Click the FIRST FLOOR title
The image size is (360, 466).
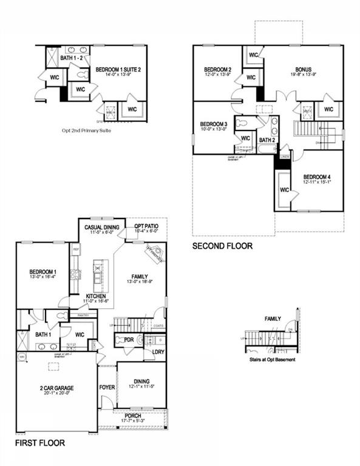click(41, 444)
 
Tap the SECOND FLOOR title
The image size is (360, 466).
click(222, 246)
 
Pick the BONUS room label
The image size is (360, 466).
click(304, 70)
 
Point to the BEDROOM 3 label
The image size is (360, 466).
click(213, 124)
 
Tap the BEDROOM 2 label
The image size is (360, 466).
click(217, 70)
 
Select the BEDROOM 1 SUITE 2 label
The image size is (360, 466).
click(118, 70)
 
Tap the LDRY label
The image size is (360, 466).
click(158, 352)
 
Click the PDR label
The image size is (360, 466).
click(128, 340)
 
